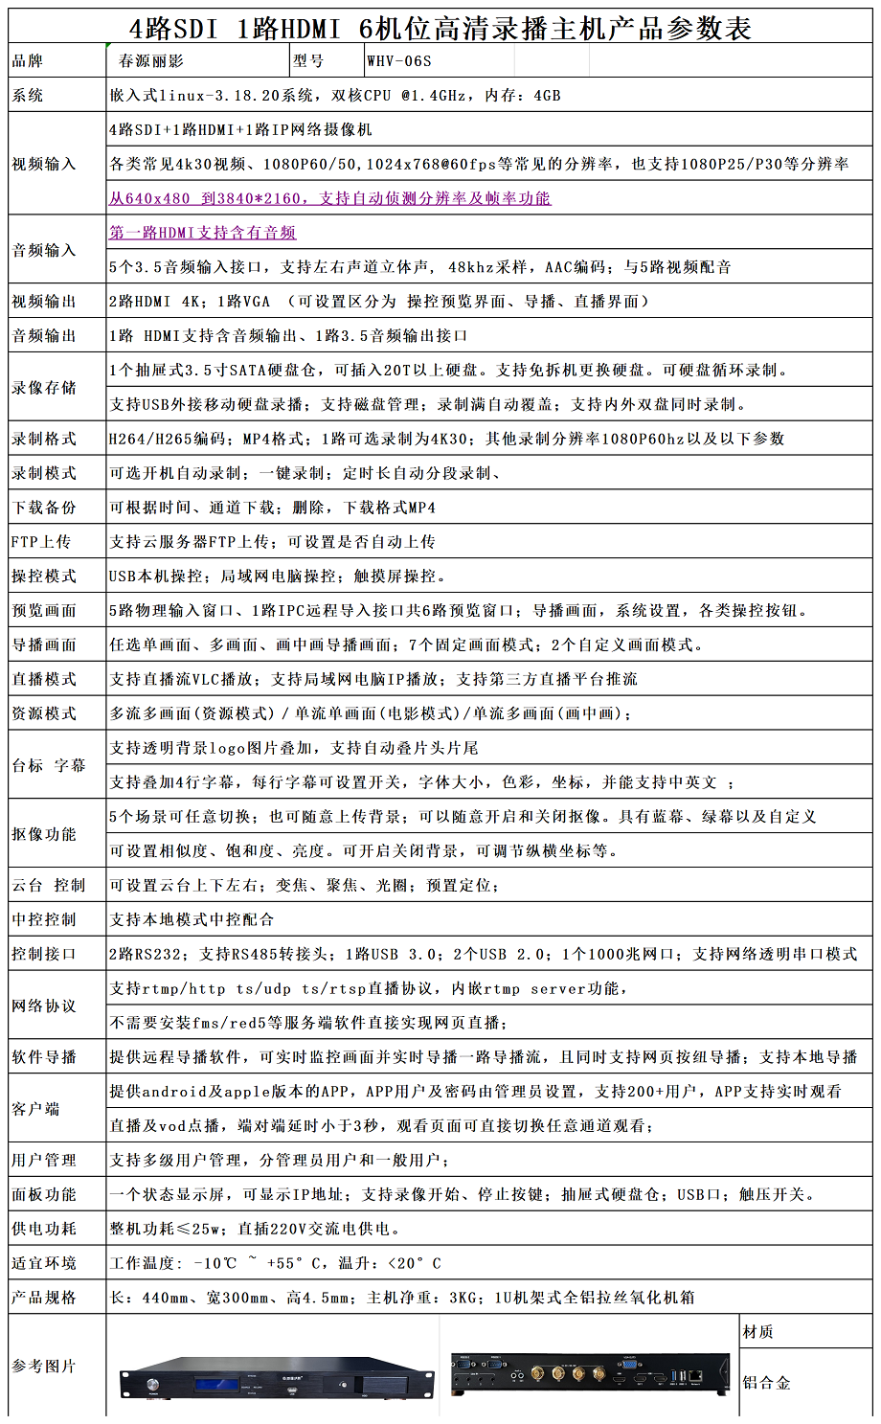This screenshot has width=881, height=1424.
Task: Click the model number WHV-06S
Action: pyautogui.click(x=399, y=61)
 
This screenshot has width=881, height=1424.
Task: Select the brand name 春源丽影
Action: pyautogui.click(x=151, y=61)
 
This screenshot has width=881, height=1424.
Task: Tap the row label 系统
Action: pyautogui.click(x=28, y=96)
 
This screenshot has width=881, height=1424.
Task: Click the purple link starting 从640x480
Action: pyautogui.click(x=329, y=198)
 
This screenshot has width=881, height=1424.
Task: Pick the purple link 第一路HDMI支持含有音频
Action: pyautogui.click(x=202, y=233)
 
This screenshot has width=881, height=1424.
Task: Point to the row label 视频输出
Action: pyautogui.click(x=44, y=302)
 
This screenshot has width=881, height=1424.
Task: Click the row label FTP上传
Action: pyautogui.click(x=41, y=542)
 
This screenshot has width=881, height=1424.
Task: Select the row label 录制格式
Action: pyautogui.click(x=44, y=440)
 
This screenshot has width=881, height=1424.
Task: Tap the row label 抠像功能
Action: pyautogui.click(x=44, y=834)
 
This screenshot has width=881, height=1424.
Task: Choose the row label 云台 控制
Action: pyautogui.click(x=49, y=886)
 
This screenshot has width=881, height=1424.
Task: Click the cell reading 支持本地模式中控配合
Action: pyautogui.click(x=192, y=920)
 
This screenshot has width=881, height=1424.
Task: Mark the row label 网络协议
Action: pyautogui.click(x=44, y=1006)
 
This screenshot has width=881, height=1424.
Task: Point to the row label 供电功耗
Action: pyautogui.click(x=44, y=1230)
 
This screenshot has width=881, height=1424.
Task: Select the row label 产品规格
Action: pyautogui.click(x=44, y=1299)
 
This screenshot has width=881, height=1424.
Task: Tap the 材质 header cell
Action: pyautogui.click(x=758, y=1332)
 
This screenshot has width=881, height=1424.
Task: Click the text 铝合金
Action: pyautogui.click(x=767, y=1383)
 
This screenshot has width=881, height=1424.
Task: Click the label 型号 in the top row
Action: pyautogui.click(x=308, y=61)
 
